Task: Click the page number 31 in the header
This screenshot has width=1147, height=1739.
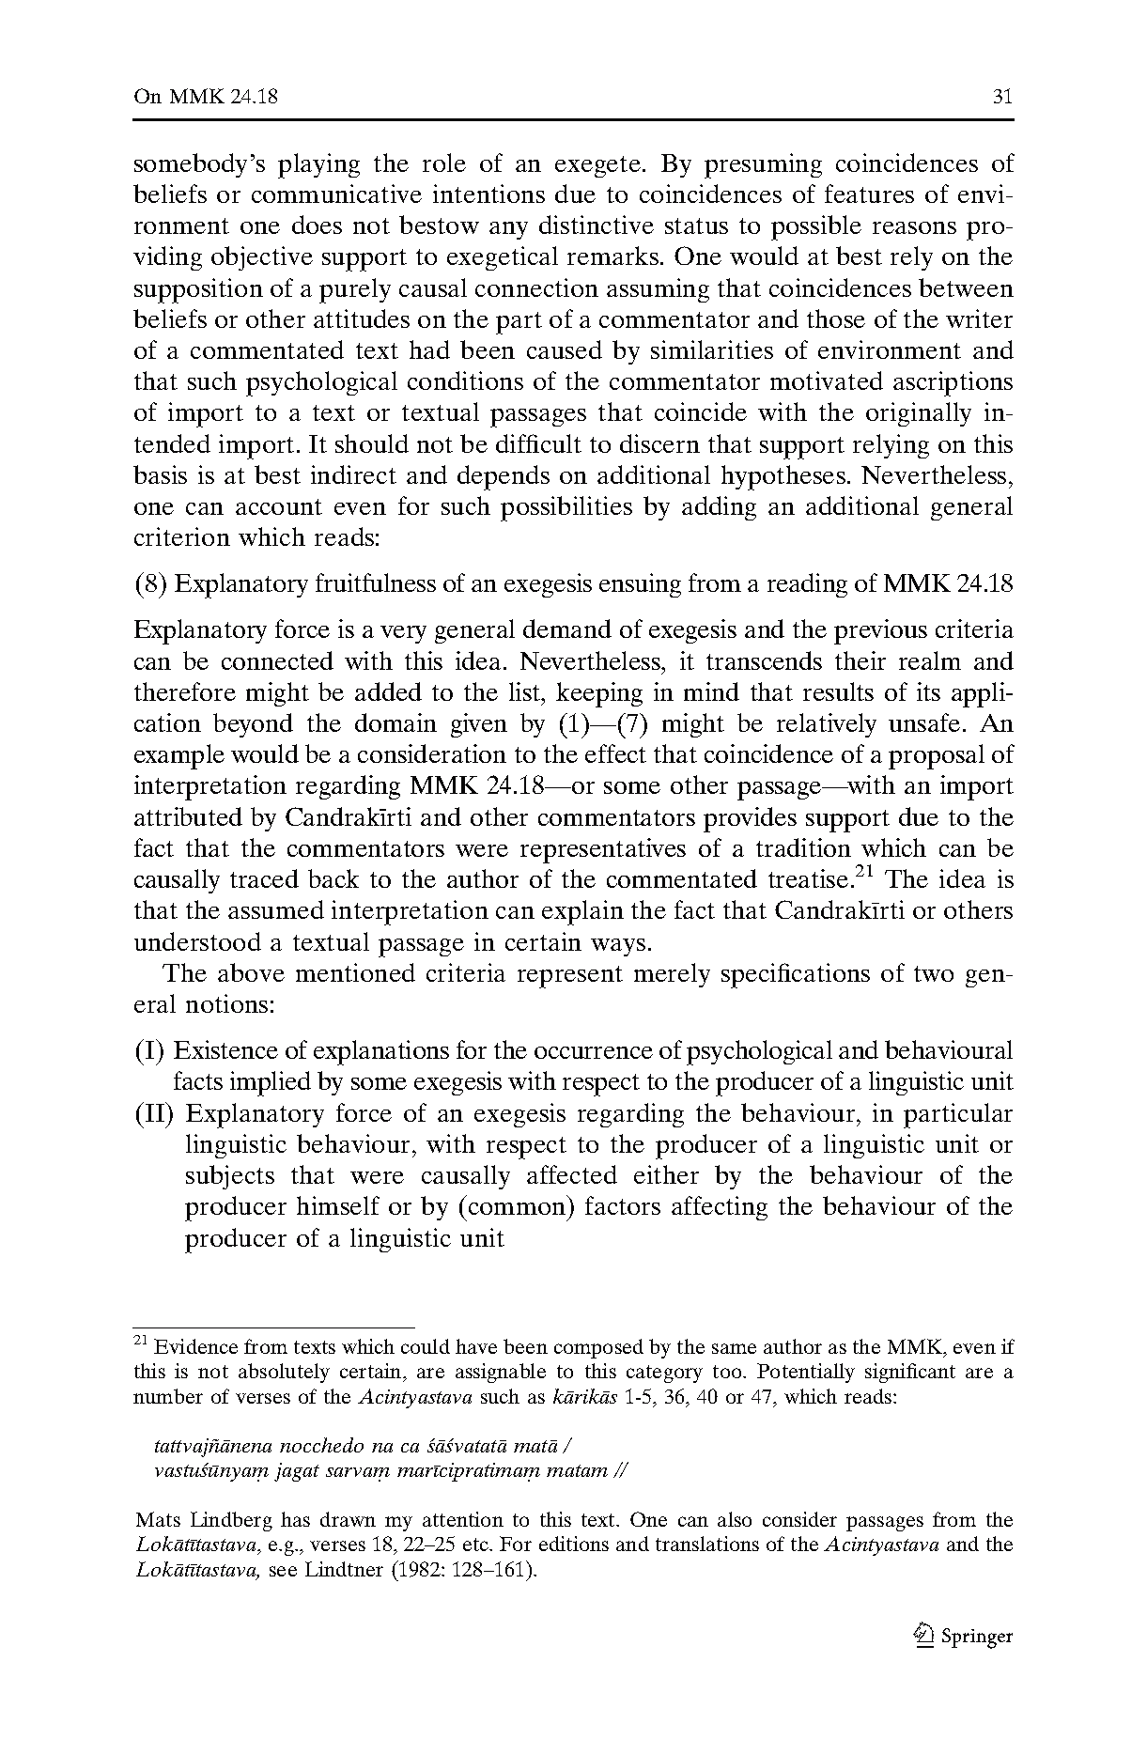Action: tap(1002, 97)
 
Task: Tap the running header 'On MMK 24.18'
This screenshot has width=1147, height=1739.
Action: tap(206, 97)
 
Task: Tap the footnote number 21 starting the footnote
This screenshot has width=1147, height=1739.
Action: tap(141, 1341)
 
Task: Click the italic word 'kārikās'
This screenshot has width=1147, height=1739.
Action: tap(582, 1397)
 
